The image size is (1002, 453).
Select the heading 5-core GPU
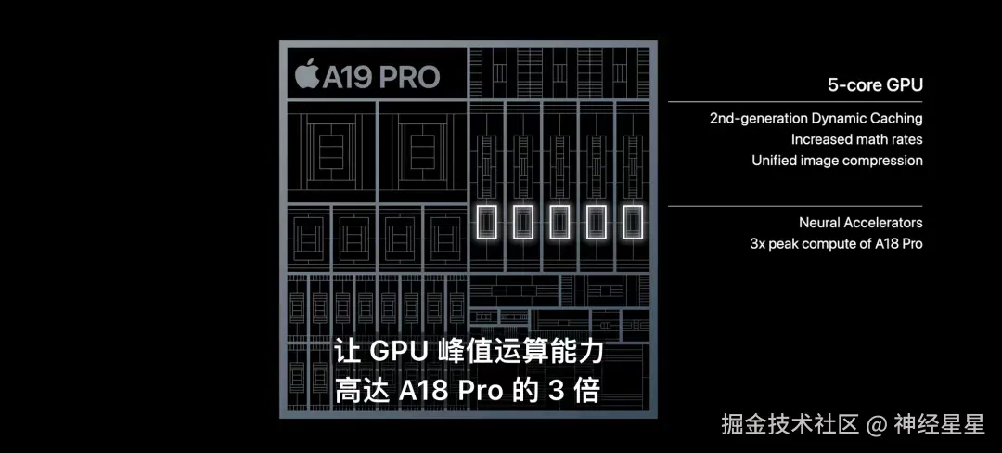pos(875,85)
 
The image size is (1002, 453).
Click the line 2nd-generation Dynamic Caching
pos(816,118)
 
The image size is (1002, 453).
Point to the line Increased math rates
pos(856,139)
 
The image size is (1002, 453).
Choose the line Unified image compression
pos(837,160)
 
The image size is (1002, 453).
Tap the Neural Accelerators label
pos(860,223)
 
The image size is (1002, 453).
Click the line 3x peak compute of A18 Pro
pos(836,243)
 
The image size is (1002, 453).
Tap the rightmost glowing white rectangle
pos(633,223)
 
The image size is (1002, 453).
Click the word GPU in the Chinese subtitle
pos(397,353)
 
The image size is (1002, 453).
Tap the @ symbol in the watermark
pos(876,425)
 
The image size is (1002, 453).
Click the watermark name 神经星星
pos(938,425)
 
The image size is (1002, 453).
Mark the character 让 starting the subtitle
pos(347,353)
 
